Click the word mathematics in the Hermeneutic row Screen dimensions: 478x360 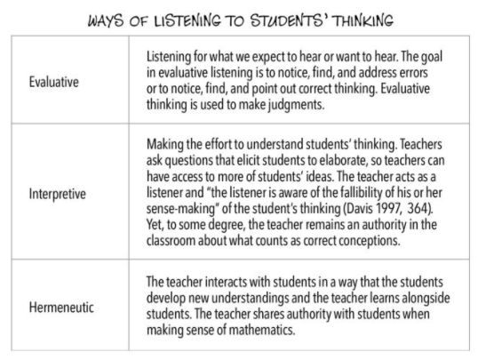(285, 324)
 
